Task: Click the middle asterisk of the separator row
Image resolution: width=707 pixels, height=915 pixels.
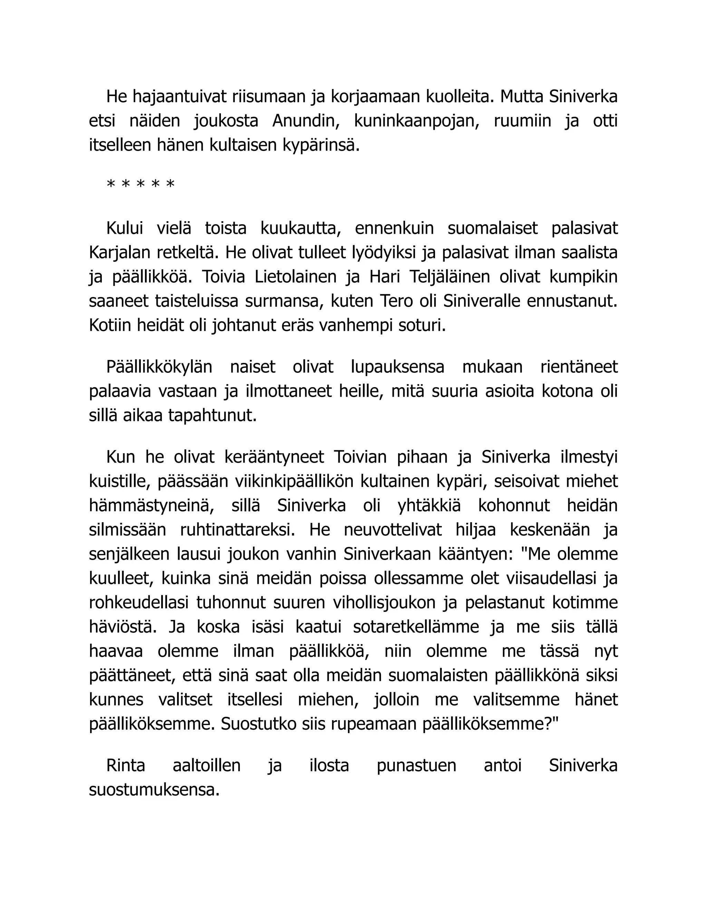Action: click(141, 184)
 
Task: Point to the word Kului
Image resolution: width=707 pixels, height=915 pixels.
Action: click(124, 229)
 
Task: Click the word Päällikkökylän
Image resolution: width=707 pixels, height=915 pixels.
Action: click(159, 367)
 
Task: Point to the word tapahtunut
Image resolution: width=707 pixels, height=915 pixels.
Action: click(212, 416)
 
